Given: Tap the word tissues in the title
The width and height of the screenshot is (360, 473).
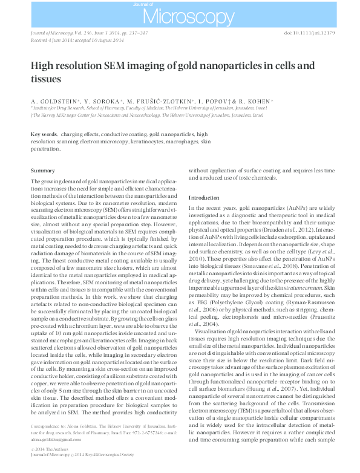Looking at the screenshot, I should (47, 79).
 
